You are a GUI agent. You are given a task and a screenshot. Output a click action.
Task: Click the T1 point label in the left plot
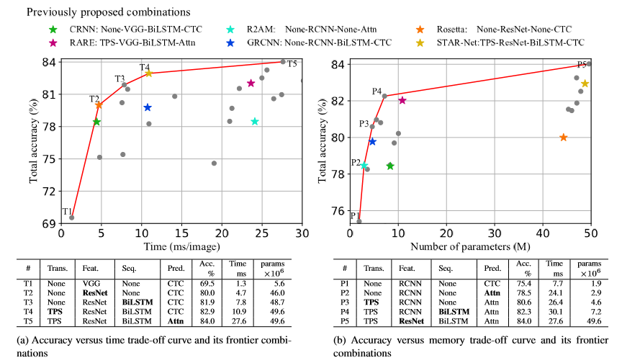(66, 211)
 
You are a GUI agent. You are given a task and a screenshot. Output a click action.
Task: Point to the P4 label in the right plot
(377, 91)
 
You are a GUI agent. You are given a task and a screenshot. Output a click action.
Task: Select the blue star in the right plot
(372, 141)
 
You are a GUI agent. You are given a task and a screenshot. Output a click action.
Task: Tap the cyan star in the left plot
(255, 121)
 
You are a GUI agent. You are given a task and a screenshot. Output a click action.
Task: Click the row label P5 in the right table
(347, 320)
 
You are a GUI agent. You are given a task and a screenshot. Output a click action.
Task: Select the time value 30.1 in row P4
(556, 311)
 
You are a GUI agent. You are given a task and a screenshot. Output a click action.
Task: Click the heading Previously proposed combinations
(99, 12)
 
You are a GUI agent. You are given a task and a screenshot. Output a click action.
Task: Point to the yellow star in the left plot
(148, 73)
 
